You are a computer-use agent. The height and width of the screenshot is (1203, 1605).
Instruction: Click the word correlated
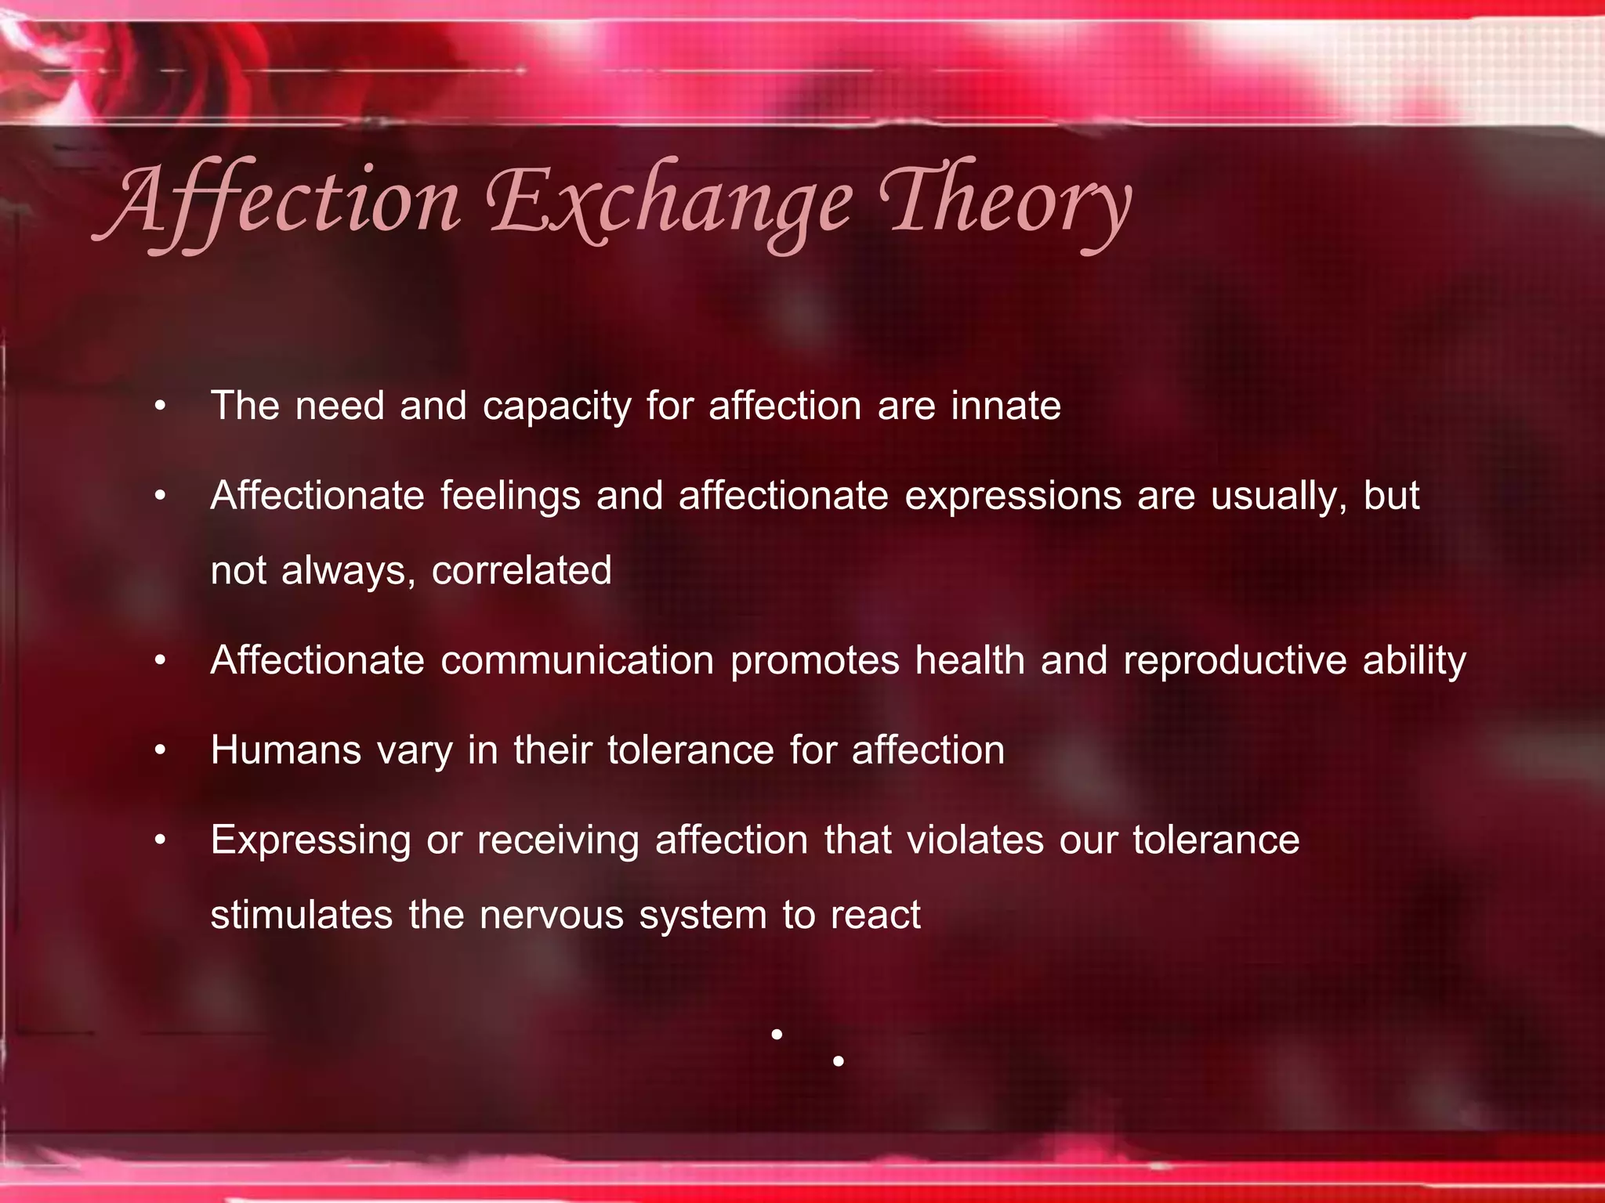pos(521,570)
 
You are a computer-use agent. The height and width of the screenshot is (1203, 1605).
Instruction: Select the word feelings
pos(509,497)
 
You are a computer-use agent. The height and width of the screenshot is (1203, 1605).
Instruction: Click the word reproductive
pos(1235,660)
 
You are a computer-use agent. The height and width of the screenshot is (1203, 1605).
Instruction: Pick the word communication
pos(578,660)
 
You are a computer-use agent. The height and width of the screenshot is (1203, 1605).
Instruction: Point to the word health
pos(970,660)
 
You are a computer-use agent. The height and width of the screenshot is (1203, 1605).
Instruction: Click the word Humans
pos(286,750)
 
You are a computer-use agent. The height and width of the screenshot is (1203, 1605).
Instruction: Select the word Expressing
pos(310,841)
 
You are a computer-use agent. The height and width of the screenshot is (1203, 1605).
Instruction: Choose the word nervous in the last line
pos(551,915)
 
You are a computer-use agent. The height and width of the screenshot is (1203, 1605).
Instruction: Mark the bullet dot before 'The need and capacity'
pos(161,406)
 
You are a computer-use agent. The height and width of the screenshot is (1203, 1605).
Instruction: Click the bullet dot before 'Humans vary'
pos(161,751)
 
